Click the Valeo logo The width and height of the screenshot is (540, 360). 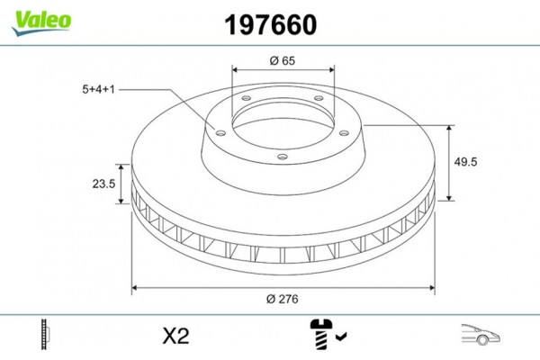pos(41,22)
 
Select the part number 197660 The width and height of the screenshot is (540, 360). pos(270,25)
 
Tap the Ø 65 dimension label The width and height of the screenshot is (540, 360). pos(283,60)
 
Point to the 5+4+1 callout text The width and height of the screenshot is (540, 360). pos(98,90)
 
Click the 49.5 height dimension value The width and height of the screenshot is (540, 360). pos(465,162)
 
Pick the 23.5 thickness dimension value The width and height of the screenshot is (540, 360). pos(103,184)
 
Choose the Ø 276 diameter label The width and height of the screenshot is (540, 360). pos(283,299)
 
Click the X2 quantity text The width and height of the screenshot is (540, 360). pos(176,337)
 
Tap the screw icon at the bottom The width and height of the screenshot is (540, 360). pos(321,335)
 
